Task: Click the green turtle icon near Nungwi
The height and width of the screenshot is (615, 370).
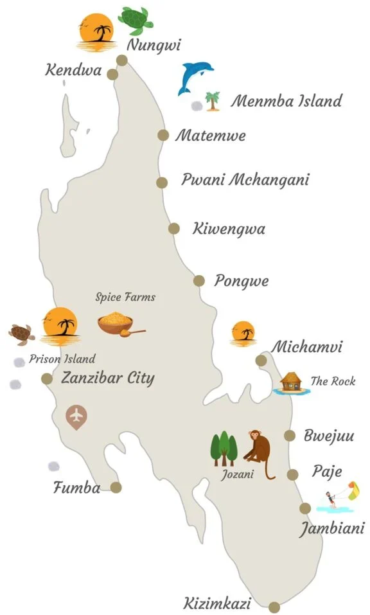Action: pyautogui.click(x=136, y=21)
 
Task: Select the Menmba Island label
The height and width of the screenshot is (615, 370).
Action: pyautogui.click(x=286, y=101)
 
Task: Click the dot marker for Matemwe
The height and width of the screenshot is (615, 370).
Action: pyautogui.click(x=163, y=135)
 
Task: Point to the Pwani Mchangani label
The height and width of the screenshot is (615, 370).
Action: pyautogui.click(x=245, y=179)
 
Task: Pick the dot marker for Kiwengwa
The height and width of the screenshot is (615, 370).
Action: pyautogui.click(x=174, y=228)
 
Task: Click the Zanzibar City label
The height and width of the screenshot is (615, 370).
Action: pyautogui.click(x=107, y=378)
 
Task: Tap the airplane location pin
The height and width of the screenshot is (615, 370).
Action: pyautogui.click(x=76, y=416)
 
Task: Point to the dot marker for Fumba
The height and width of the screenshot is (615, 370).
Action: pyautogui.click(x=116, y=487)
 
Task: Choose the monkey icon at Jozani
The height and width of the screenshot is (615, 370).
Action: pyautogui.click(x=259, y=454)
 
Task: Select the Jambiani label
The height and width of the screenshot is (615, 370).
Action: pyautogui.click(x=331, y=529)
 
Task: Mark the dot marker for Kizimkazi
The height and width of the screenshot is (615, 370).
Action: pyautogui.click(x=274, y=607)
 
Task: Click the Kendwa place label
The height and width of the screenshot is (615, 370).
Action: pyautogui.click(x=73, y=70)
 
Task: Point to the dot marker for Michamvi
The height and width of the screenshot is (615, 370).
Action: pyautogui.click(x=261, y=361)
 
